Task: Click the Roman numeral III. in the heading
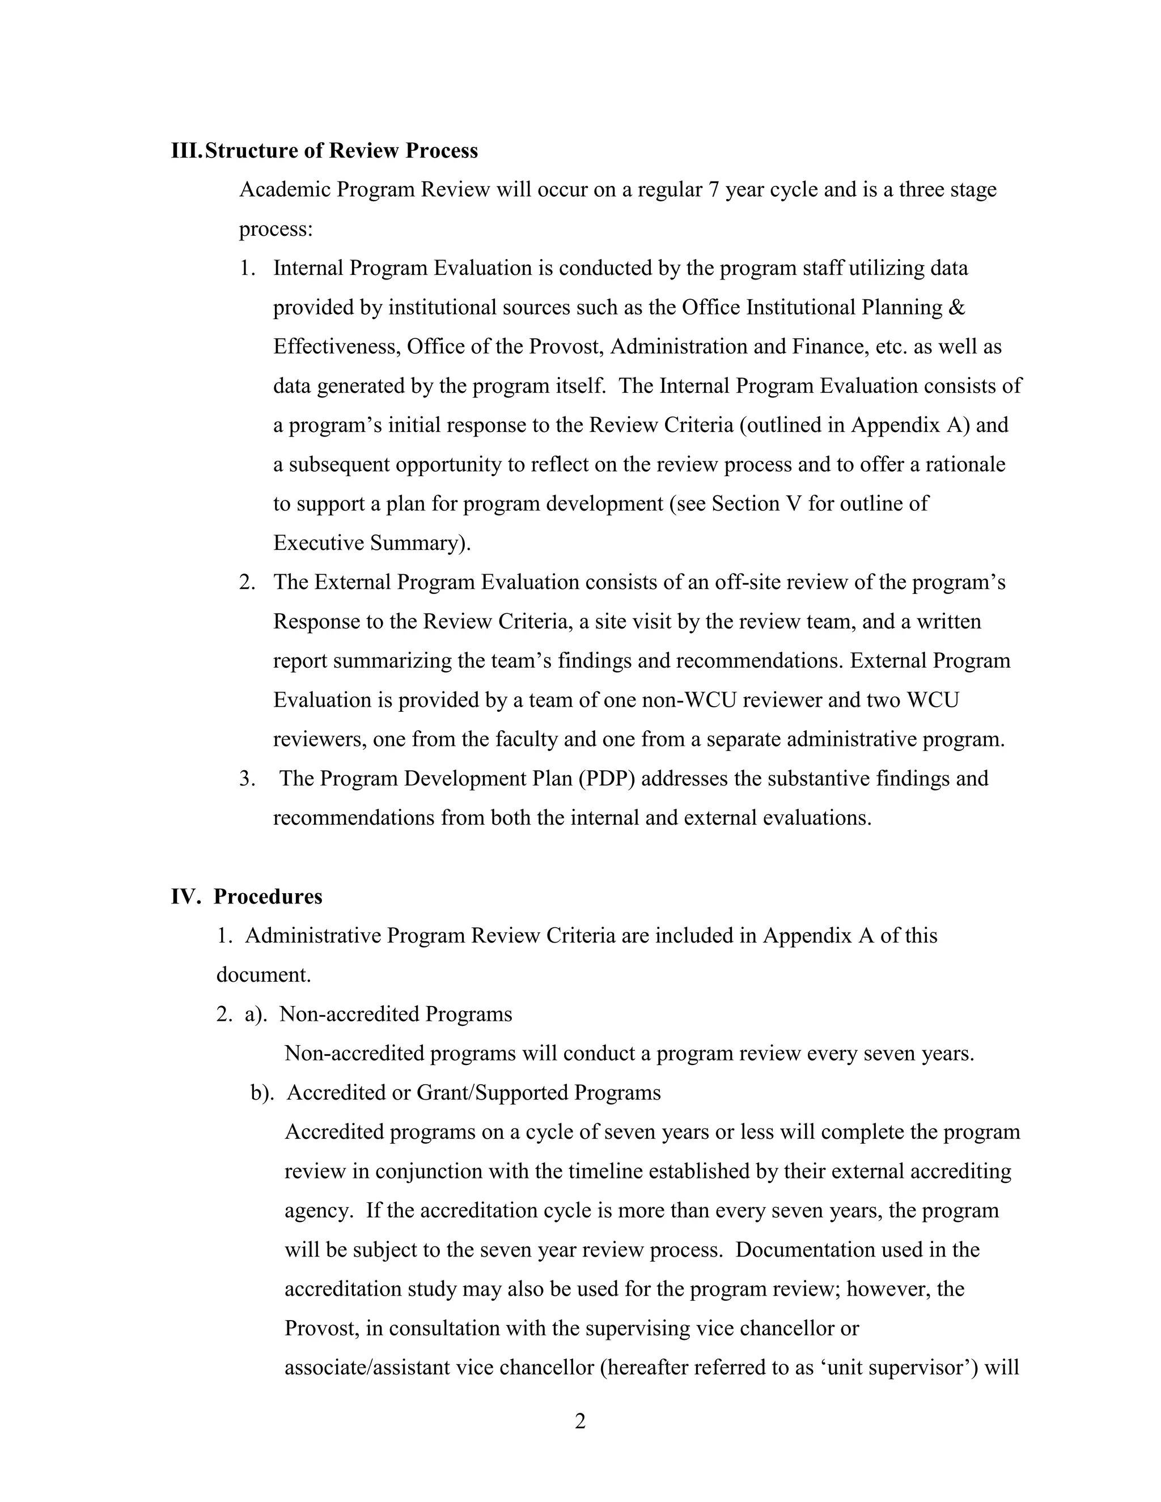pos(187,151)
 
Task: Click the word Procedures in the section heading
pos(268,897)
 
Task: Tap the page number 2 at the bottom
pos(580,1421)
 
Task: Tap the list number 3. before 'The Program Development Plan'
pos(247,779)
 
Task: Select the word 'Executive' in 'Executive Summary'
pos(318,544)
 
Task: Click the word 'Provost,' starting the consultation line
pos(323,1328)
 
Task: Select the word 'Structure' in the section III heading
pos(251,151)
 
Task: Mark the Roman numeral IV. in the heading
pos(185,897)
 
